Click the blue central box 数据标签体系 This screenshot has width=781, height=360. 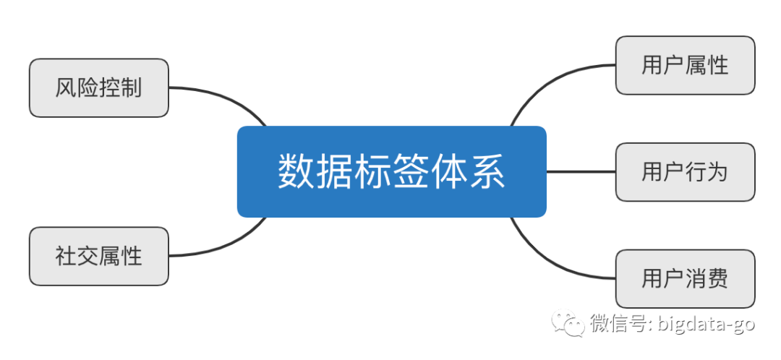click(391, 172)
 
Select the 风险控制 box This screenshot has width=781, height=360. click(98, 88)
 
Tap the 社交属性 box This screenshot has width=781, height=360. click(98, 256)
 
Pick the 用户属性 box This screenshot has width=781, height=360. click(685, 66)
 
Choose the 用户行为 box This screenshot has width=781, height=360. click(685, 172)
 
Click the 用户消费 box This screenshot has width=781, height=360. click(685, 278)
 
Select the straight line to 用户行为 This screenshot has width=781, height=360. click(581, 172)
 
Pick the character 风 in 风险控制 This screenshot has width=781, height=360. click(66, 88)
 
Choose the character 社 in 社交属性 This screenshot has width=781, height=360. click(66, 256)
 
